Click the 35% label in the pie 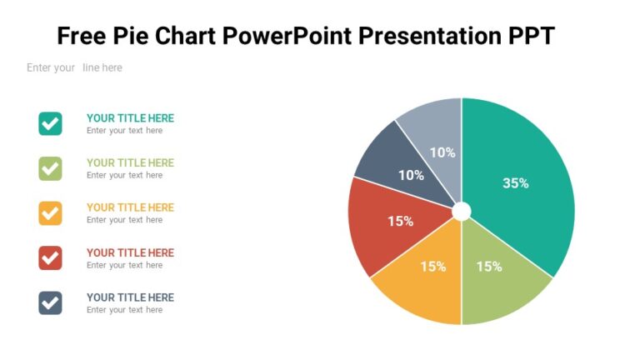coord(515,183)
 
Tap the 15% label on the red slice coord(400,222)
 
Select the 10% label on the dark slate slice coord(411,176)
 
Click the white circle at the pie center coord(461,211)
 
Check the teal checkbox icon coord(50,123)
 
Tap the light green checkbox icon coord(50,168)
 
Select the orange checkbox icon coord(50,213)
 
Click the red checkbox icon coord(50,258)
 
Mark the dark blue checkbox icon coord(50,302)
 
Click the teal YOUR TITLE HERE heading coord(130,118)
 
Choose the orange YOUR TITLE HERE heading coord(130,207)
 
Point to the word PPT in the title coord(530,37)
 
